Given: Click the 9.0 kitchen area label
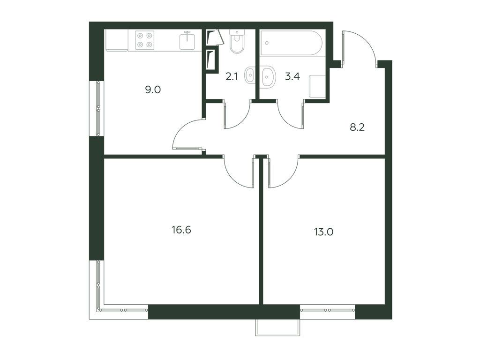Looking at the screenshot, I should click(x=153, y=90).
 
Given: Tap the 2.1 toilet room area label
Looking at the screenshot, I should click(x=232, y=76).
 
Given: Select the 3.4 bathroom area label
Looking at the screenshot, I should click(x=292, y=76).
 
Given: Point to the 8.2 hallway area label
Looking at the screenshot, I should click(x=357, y=127).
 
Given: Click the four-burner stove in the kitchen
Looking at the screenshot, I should click(x=144, y=40).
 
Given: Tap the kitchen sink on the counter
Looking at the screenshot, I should click(x=188, y=40).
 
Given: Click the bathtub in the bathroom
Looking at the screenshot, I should click(x=291, y=44).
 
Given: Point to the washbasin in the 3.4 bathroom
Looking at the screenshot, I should click(x=269, y=76).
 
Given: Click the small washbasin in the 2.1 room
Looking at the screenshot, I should click(x=250, y=75).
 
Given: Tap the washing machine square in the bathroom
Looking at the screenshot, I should click(x=317, y=87).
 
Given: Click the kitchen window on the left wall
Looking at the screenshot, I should click(x=98, y=108).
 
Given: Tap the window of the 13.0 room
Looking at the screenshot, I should click(x=328, y=310).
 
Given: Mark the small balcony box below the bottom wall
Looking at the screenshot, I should click(x=277, y=327).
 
